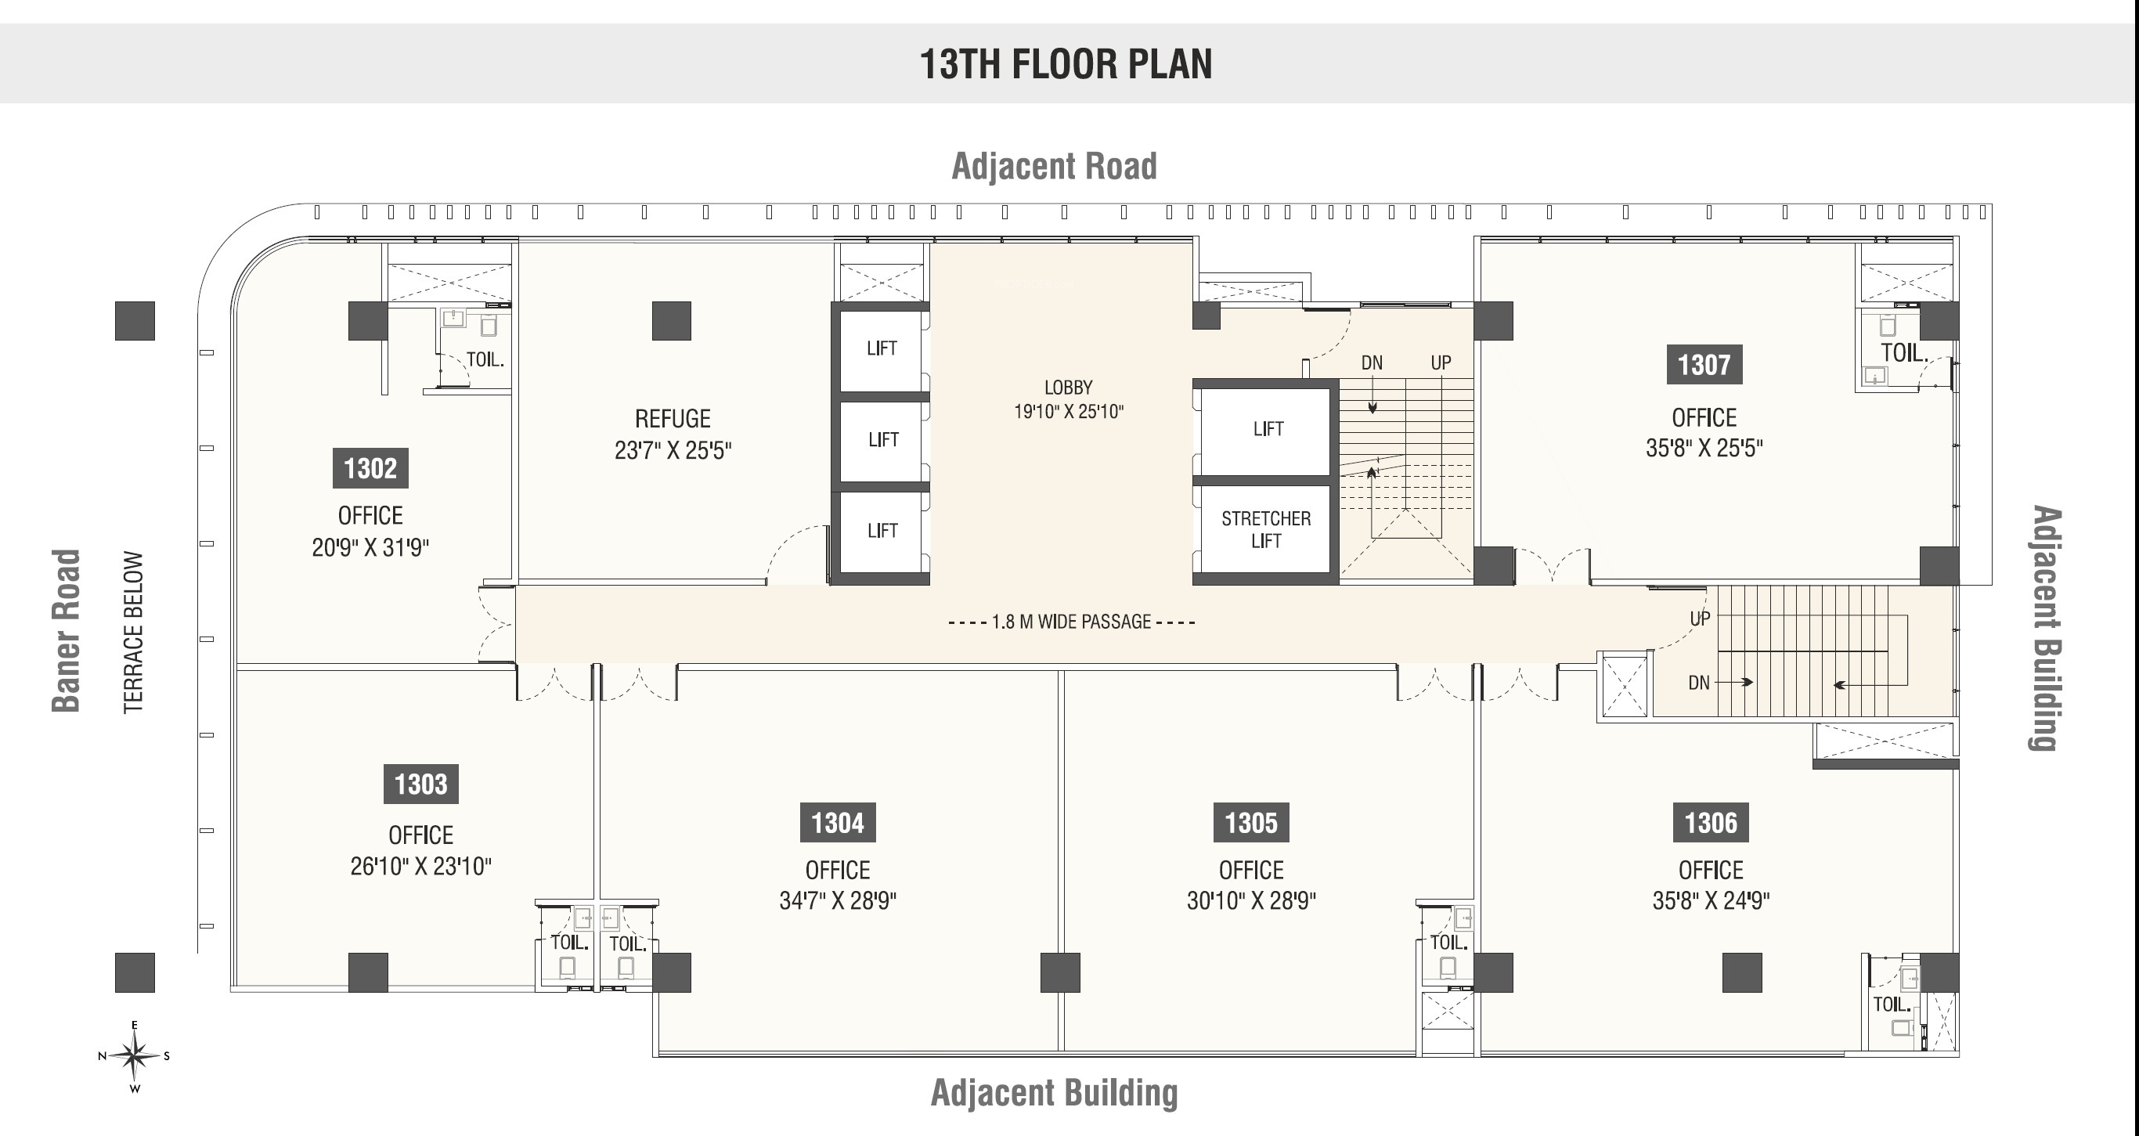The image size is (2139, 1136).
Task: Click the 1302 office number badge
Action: [x=370, y=468]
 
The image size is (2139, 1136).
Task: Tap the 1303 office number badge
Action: [x=421, y=784]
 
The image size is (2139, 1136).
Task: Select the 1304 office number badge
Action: [x=838, y=823]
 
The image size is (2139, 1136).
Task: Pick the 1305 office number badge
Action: [x=1251, y=823]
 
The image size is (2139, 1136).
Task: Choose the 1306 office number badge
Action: [x=1711, y=823]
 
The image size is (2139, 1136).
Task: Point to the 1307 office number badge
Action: [x=1704, y=365]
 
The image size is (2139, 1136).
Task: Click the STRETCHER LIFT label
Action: [x=1266, y=530]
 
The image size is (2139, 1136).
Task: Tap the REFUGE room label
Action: [x=673, y=419]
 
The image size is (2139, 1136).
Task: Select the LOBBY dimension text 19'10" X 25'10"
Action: [x=1069, y=412]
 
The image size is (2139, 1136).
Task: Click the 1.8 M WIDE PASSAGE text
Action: [x=1072, y=622]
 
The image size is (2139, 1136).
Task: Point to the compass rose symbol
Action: [x=135, y=1056]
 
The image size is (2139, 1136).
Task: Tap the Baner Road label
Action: [x=67, y=630]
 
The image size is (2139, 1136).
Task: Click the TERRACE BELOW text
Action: [x=134, y=632]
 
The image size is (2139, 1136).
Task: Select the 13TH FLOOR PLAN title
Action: [x=1066, y=64]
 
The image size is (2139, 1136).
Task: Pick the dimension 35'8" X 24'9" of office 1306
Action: [x=1711, y=901]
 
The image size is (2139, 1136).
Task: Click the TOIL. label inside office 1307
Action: [x=1904, y=353]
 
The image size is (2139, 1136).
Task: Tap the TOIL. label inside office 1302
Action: [x=485, y=359]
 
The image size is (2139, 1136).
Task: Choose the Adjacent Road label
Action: [x=1055, y=166]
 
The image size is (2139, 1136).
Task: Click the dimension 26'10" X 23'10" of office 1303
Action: [x=421, y=866]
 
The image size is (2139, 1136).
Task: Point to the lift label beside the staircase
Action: [x=1268, y=429]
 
